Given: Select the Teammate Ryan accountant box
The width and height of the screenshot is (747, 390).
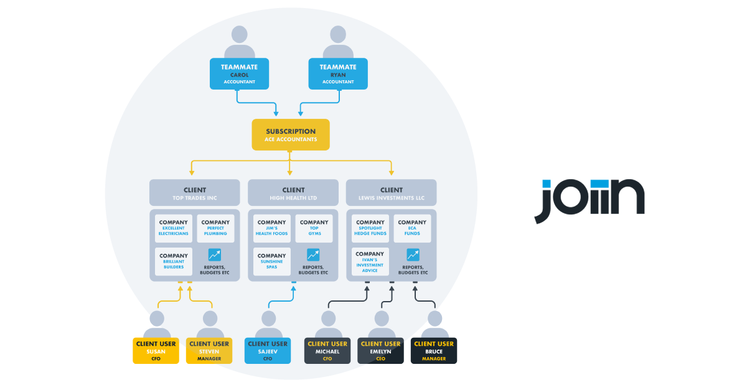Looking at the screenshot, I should click(338, 73).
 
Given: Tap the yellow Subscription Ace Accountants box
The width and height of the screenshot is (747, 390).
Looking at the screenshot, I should click(291, 135).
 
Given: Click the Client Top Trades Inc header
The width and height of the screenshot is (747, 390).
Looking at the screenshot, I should click(194, 193).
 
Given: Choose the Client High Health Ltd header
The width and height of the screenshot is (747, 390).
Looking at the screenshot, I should click(293, 193).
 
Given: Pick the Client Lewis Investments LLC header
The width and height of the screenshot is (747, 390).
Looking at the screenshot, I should click(391, 193).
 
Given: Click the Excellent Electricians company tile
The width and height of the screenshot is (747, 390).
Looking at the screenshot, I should click(173, 228).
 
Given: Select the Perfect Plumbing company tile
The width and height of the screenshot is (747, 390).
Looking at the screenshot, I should click(215, 228).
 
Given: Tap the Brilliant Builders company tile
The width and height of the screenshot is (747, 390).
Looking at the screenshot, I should click(173, 262).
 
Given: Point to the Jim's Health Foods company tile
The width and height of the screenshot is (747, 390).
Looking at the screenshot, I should click(271, 228).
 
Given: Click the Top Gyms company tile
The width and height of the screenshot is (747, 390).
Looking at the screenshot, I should click(314, 228).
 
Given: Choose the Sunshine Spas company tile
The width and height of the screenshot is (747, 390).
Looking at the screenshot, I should click(271, 262).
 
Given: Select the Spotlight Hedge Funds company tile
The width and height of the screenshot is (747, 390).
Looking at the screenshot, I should click(370, 228).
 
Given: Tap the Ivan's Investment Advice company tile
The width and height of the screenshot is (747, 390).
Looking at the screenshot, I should click(370, 262).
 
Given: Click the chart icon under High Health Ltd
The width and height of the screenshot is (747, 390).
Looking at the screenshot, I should click(313, 255).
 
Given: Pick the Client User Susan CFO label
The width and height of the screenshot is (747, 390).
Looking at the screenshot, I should click(156, 351).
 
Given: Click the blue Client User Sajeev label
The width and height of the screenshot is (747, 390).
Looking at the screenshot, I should click(268, 351).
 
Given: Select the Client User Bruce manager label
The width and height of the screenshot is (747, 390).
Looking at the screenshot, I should click(434, 351).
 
